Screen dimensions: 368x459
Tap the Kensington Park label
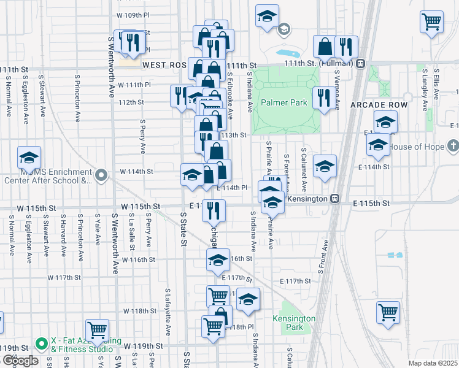point(294,323)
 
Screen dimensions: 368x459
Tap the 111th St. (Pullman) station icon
point(361,62)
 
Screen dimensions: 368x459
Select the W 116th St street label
point(138,260)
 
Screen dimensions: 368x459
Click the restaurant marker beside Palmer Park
point(322,98)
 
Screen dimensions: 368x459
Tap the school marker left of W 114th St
point(29,159)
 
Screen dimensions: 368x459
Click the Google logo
point(20,361)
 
